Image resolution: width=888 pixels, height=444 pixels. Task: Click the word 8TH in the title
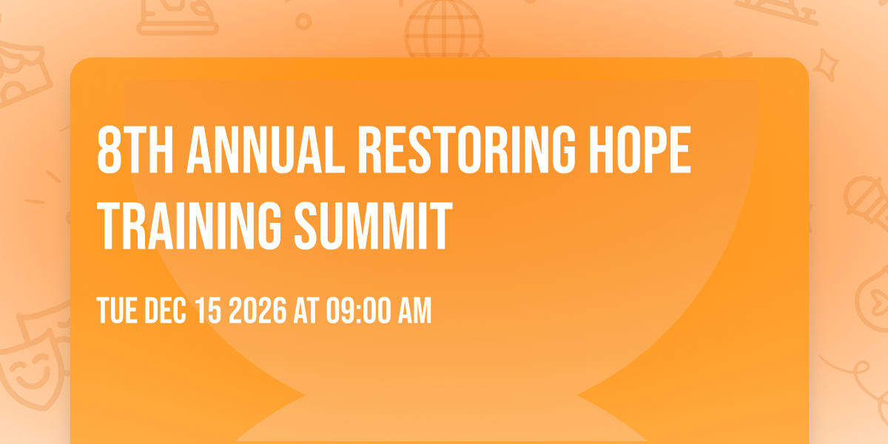pos(135,149)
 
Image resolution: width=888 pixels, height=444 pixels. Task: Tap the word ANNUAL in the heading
pos(266,149)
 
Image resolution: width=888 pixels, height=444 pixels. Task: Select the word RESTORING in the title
pos(466,149)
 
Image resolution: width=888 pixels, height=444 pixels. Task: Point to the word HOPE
pos(640,149)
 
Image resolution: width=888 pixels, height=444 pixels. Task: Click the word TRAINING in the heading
pos(189,226)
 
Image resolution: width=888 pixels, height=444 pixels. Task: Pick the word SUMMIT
pos(374,226)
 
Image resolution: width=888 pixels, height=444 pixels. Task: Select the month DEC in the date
pos(165,310)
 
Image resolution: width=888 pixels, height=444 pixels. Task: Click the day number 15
pos(208,310)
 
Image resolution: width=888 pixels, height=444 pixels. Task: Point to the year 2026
pos(258,310)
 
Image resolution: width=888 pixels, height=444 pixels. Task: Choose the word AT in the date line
pos(306,310)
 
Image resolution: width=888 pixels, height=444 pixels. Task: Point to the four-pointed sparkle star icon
pos(826,65)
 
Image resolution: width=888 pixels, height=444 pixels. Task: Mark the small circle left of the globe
pos(303,21)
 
